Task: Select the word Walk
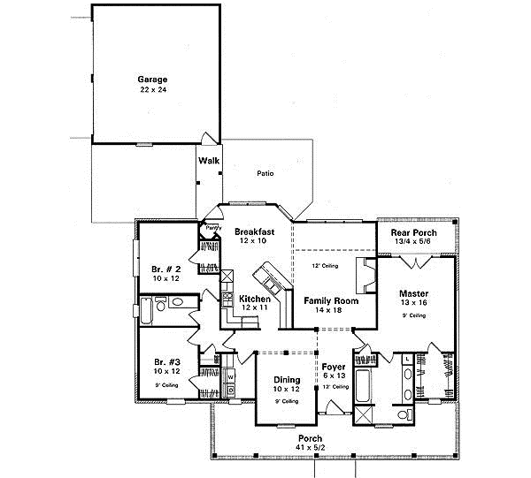pos(209,161)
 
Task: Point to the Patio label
pos(265,173)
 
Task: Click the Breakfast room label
pos(255,231)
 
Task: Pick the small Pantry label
pos(212,228)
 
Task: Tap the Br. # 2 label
pos(165,268)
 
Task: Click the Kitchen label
pos(255,300)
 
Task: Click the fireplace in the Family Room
pos(365,275)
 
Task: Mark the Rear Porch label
pos(412,232)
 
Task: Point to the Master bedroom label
pos(415,292)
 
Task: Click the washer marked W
pos(231,376)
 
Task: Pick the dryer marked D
pos(231,389)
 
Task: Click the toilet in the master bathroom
pos(404,414)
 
